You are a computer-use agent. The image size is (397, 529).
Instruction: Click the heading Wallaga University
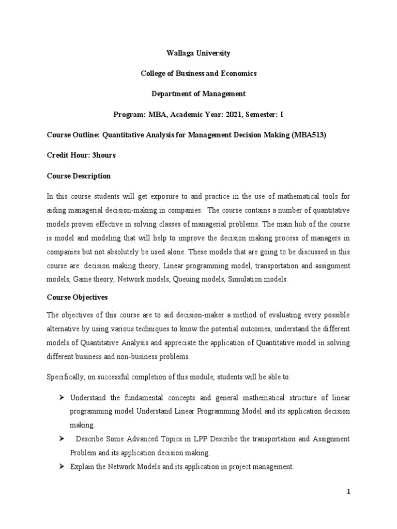point(198,53)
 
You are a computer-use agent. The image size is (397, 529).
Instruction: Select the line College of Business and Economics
point(198,73)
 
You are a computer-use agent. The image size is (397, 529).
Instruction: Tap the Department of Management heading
point(198,94)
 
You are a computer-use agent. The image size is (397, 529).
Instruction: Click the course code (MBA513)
point(309,135)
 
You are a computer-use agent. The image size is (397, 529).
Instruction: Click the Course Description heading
point(79,176)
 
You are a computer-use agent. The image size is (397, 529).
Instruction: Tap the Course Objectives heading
point(77,298)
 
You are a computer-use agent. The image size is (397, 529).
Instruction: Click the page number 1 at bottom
point(348,492)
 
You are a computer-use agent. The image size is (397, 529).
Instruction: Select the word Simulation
point(238,279)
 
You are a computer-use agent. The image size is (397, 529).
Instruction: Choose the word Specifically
point(67,377)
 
